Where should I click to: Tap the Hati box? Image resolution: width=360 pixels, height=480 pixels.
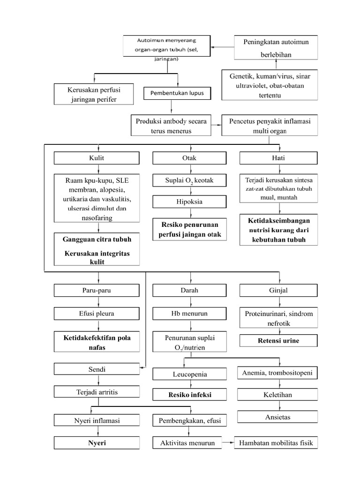click(x=278, y=158)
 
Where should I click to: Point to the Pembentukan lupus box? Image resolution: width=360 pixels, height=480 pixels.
click(x=177, y=93)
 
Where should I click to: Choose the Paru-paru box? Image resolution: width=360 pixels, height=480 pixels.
click(x=97, y=291)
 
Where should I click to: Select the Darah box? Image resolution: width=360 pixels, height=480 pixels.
click(x=189, y=291)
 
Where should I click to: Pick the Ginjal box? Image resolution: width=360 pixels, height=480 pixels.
click(x=278, y=291)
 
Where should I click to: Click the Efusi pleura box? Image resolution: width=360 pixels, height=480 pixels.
click(x=97, y=314)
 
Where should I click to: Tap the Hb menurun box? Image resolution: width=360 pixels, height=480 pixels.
click(x=189, y=314)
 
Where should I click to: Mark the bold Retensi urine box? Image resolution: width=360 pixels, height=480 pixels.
click(x=278, y=340)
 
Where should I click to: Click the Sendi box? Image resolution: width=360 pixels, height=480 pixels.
click(x=97, y=369)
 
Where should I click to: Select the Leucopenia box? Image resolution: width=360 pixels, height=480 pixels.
click(x=189, y=374)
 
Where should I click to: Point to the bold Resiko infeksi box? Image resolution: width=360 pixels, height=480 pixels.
click(x=189, y=395)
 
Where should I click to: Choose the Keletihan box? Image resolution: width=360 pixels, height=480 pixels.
click(x=277, y=395)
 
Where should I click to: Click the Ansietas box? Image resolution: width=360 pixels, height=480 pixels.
click(x=277, y=416)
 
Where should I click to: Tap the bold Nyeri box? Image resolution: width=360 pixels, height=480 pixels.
click(x=97, y=442)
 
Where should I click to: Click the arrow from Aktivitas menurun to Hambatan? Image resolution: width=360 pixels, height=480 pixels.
click(x=228, y=442)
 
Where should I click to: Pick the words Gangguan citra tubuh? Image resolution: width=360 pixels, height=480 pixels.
click(x=97, y=240)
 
